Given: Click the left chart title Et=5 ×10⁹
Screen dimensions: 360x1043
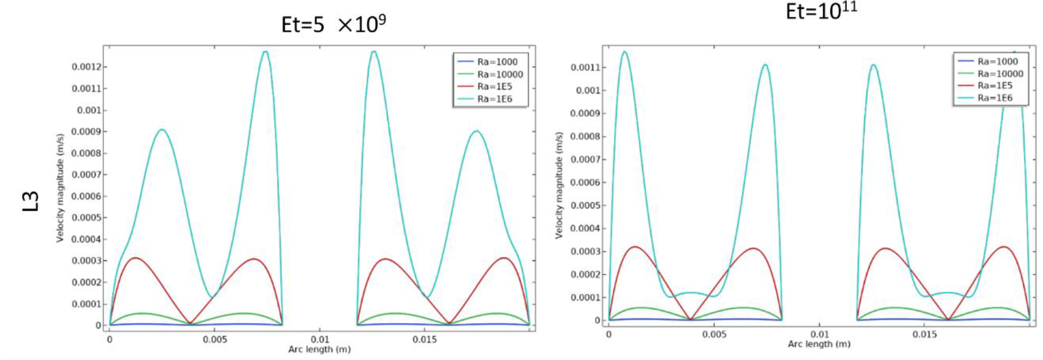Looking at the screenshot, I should coord(333,24).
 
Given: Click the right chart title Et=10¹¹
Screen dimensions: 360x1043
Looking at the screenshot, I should coord(821,10).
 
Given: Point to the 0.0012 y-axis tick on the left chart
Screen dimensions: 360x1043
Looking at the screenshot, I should coord(86,67).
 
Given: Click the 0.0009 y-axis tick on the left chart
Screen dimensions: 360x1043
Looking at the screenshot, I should coord(86,132).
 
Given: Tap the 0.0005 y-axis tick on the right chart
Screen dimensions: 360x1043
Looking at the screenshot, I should coord(585,206).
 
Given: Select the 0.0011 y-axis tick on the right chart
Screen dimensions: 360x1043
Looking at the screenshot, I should coord(585,67).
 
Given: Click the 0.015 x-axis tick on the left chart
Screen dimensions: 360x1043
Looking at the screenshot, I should coord(425,340).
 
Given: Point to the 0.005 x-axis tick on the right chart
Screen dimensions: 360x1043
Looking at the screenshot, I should coord(714,334).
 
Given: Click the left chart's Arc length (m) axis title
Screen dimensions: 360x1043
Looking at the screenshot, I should coord(319,350).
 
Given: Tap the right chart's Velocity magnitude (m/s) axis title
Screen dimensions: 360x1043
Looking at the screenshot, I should coord(559,185).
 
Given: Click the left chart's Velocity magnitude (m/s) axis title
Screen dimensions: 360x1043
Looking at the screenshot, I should coord(60,188).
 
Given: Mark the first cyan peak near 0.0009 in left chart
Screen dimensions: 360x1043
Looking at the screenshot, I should coord(162,130).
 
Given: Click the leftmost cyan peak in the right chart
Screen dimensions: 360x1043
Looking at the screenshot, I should coord(625,52).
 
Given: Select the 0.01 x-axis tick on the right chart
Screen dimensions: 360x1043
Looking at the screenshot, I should coord(820,334).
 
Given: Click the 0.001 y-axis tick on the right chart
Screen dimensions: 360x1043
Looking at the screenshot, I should coord(587,91).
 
